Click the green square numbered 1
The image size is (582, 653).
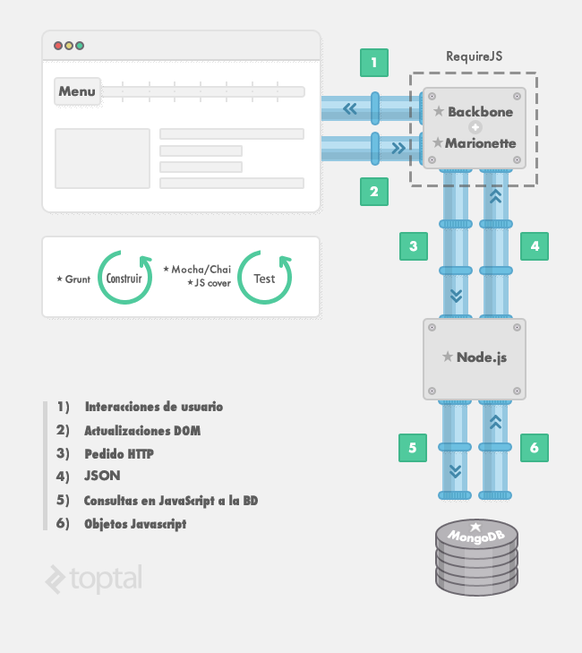click(x=374, y=63)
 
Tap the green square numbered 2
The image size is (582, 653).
click(x=374, y=192)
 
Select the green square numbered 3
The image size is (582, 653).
click(x=414, y=246)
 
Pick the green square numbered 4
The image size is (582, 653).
click(x=535, y=246)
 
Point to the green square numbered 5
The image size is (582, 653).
click(x=413, y=448)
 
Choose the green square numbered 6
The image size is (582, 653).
click(x=535, y=448)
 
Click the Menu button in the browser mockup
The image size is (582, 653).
click(x=77, y=91)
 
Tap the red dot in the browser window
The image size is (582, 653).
click(x=58, y=46)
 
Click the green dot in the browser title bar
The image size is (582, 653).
click(x=80, y=46)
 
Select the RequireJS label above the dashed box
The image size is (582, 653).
click(x=475, y=56)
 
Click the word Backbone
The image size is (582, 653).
click(x=481, y=112)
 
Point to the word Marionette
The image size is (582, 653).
click(x=481, y=143)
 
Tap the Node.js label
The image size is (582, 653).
click(x=482, y=357)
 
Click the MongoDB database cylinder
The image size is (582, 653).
click(x=476, y=557)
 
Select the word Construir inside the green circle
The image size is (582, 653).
click(x=124, y=279)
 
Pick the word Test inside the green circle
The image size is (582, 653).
click(x=264, y=279)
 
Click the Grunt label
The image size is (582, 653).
click(x=77, y=279)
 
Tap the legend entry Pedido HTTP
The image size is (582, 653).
click(x=119, y=453)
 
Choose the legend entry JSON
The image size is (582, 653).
click(x=102, y=476)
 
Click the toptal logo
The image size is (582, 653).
click(x=94, y=579)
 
